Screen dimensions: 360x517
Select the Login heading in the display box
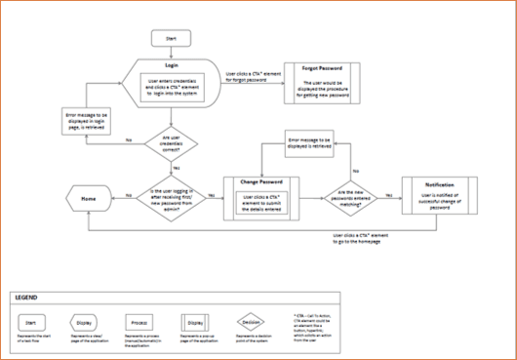172,66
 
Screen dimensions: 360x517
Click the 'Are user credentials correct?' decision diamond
171,141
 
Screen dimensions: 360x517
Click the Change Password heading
259,182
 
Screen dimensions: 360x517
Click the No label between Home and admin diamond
131,195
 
